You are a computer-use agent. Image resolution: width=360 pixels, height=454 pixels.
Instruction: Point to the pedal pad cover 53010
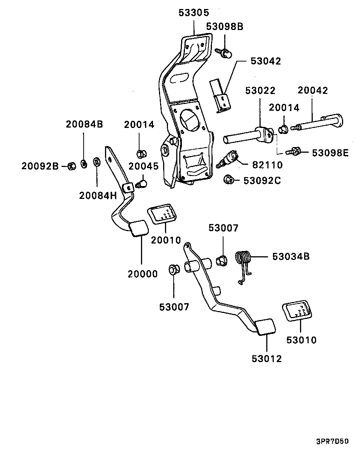tap(296, 310)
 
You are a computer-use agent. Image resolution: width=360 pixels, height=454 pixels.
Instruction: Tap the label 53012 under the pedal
tap(267, 359)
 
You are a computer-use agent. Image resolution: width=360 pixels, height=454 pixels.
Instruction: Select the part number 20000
tap(142, 274)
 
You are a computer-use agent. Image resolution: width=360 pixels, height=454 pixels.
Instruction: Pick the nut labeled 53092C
tap(228, 180)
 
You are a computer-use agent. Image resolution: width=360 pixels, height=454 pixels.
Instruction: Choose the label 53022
tap(260, 91)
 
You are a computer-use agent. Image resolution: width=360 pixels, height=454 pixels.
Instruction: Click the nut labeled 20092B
tap(71, 166)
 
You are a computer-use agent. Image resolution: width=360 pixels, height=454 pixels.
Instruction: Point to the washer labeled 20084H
tap(96, 162)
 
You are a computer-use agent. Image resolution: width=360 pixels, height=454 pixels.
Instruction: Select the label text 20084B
tap(84, 124)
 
